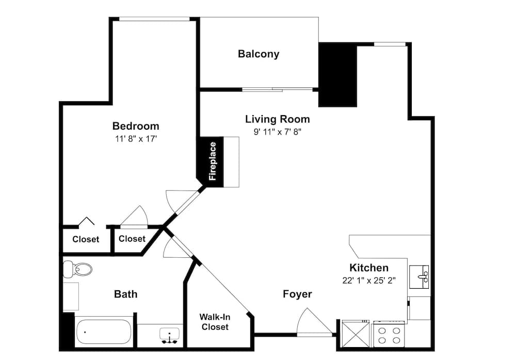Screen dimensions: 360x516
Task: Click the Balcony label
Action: [259, 54]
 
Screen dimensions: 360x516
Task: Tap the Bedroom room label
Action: [136, 126]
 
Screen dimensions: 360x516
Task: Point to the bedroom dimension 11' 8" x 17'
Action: [136, 138]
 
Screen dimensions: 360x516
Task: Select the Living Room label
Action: [277, 119]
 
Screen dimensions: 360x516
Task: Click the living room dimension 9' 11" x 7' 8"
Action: [277, 132]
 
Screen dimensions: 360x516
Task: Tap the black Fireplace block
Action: [212, 161]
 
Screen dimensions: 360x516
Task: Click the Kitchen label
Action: [369, 268]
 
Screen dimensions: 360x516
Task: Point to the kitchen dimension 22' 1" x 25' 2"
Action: [369, 280]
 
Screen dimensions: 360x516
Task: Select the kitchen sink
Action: [418, 277]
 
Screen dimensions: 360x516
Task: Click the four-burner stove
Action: [390, 335]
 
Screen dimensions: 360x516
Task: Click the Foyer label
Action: [297, 294]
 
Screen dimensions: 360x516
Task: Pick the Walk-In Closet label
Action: [215, 322]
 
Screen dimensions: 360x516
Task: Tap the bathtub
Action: [103, 332]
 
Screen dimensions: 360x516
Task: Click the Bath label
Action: [125, 294]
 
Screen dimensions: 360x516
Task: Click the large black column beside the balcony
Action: [338, 74]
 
